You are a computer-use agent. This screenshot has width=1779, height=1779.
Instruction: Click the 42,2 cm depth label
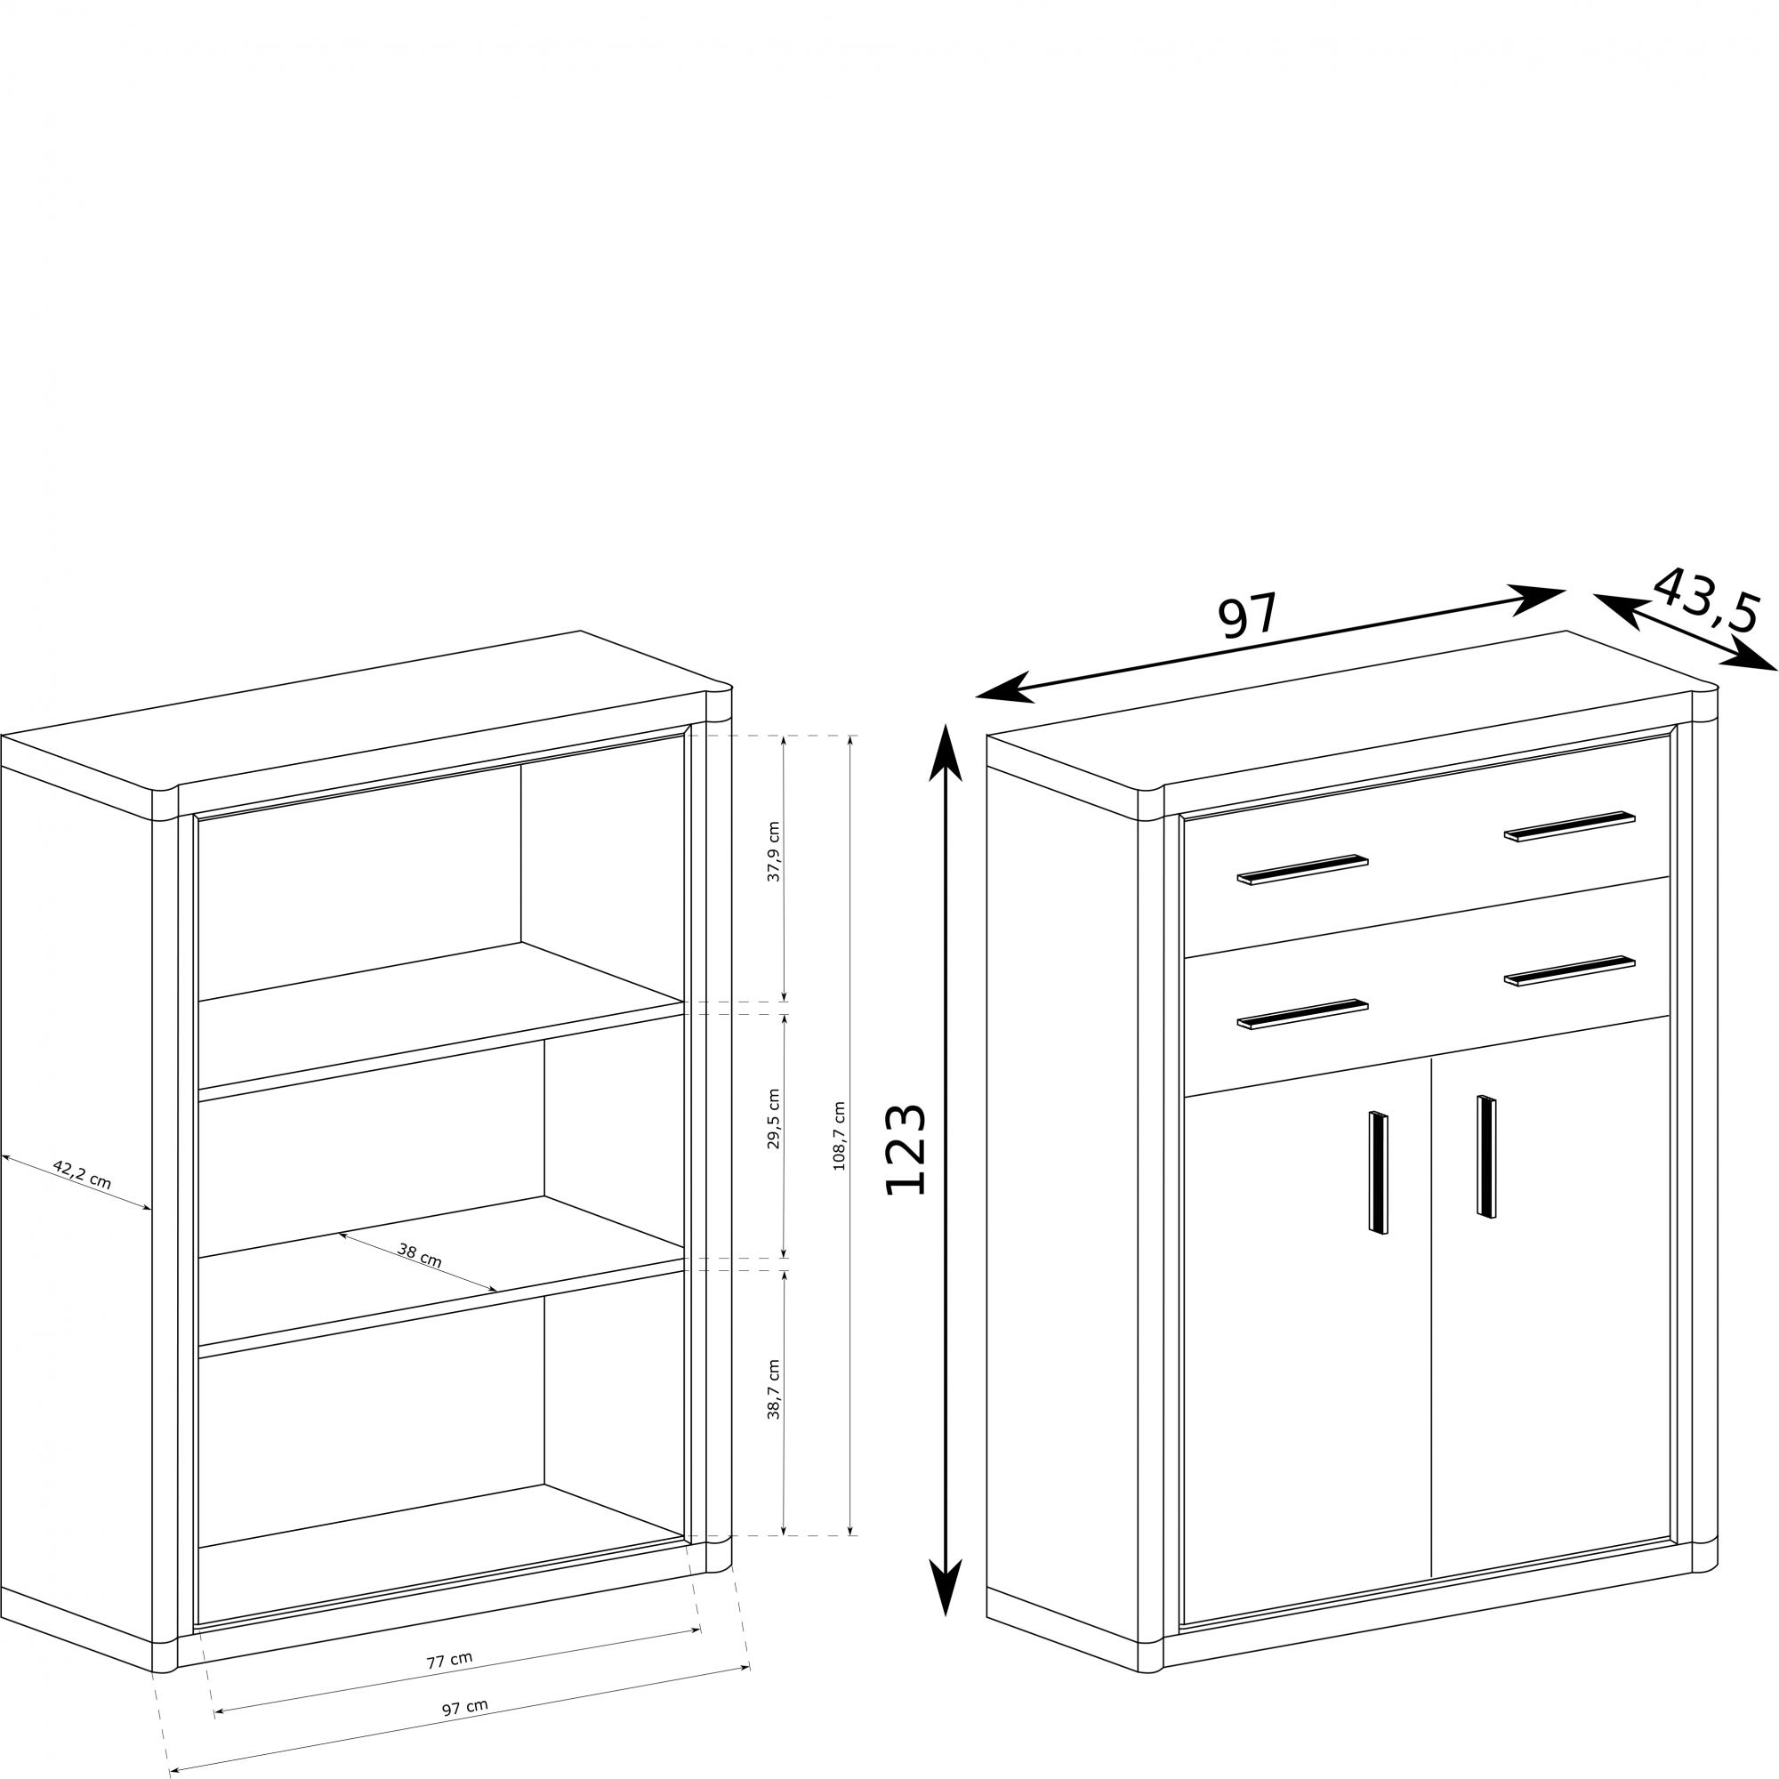click(x=82, y=1175)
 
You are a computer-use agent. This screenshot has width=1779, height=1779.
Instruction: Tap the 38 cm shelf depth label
click(x=420, y=1254)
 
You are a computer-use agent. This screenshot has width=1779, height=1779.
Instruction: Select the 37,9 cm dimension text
click(x=774, y=852)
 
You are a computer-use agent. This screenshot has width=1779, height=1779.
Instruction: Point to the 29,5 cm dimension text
click(x=774, y=1119)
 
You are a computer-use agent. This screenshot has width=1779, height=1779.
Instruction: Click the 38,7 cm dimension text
click(x=774, y=1389)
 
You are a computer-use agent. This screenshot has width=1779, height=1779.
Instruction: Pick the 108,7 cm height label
click(x=839, y=1136)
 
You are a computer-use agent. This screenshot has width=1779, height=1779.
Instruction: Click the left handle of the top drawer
click(x=1302, y=869)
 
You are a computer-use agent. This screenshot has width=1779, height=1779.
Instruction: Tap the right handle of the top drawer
click(x=1570, y=826)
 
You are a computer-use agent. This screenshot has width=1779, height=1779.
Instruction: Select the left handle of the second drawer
click(x=1302, y=1014)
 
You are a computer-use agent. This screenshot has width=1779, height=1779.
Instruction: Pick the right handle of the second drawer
click(x=1570, y=970)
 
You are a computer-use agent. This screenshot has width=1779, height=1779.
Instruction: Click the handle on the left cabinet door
click(x=1379, y=1172)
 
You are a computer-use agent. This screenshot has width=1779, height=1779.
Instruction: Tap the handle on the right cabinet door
click(x=1487, y=1156)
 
